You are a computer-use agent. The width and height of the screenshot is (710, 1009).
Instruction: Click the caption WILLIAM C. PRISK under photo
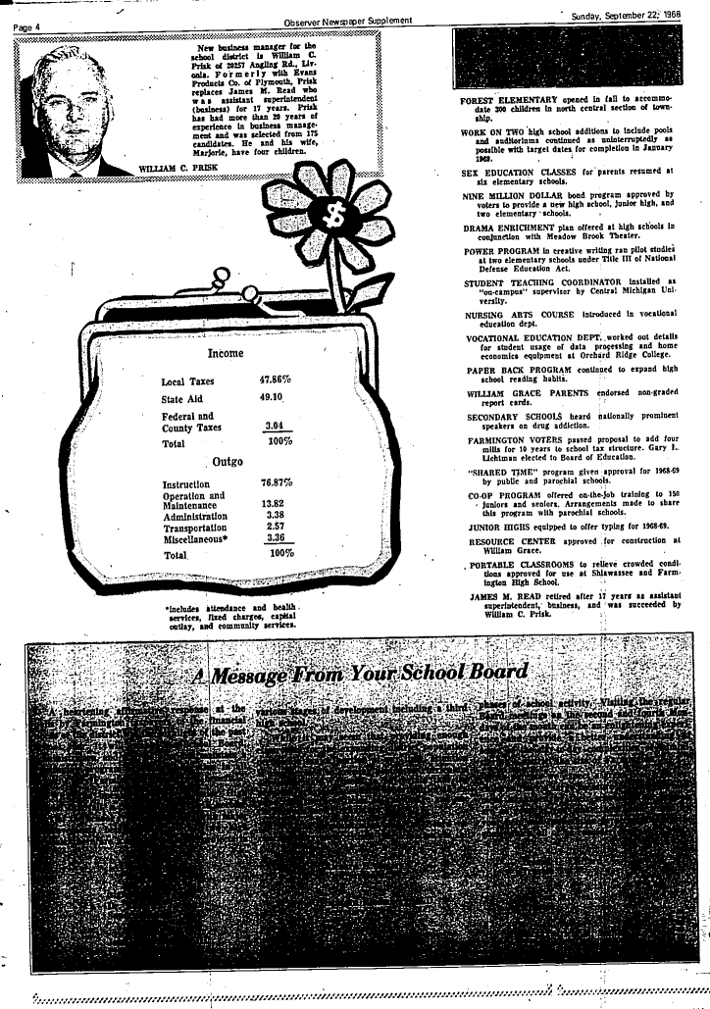(179, 169)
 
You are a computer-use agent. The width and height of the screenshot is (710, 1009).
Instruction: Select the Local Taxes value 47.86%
(276, 379)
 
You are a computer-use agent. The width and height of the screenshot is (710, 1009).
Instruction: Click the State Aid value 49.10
(271, 398)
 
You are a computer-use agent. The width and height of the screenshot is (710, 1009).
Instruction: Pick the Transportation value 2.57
(274, 527)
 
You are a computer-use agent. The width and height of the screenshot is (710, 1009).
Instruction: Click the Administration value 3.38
(274, 515)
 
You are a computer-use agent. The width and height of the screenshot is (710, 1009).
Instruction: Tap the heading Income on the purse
(226, 352)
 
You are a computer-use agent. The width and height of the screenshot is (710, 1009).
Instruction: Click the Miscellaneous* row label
(196, 538)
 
